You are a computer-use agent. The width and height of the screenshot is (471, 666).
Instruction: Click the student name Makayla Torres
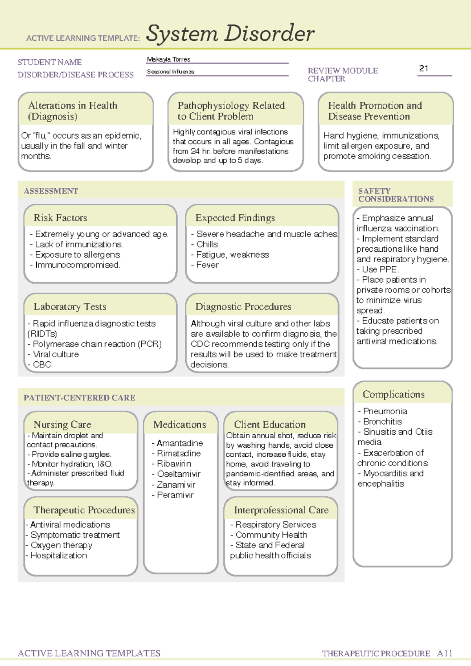168,59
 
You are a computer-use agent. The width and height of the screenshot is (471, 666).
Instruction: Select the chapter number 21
424,68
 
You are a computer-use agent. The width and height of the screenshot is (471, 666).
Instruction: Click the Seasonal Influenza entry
170,72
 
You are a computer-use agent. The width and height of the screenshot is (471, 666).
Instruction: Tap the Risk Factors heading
60,218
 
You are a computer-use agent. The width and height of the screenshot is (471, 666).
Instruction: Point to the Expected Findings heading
235,218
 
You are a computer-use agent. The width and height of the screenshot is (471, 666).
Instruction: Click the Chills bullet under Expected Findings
207,244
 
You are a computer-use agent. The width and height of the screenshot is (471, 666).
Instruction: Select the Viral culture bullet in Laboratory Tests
56,354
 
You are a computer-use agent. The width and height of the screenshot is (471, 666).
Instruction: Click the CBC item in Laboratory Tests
42,364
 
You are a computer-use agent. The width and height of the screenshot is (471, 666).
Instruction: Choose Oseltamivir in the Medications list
179,474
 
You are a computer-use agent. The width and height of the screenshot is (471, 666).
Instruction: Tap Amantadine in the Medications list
180,443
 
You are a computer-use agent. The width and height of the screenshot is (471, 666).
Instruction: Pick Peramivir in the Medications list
175,495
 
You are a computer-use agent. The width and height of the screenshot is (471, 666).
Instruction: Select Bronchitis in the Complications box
382,421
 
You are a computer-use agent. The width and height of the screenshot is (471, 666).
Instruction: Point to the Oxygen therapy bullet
61,545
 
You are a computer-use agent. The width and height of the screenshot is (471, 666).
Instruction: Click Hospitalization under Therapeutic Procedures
59,555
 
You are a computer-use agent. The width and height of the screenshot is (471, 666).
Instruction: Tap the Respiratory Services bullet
276,525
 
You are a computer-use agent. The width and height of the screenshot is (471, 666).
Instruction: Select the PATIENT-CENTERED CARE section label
79,398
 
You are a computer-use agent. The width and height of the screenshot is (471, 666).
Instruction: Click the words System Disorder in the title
230,33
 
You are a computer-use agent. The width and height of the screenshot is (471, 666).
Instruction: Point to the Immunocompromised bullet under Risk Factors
77,265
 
